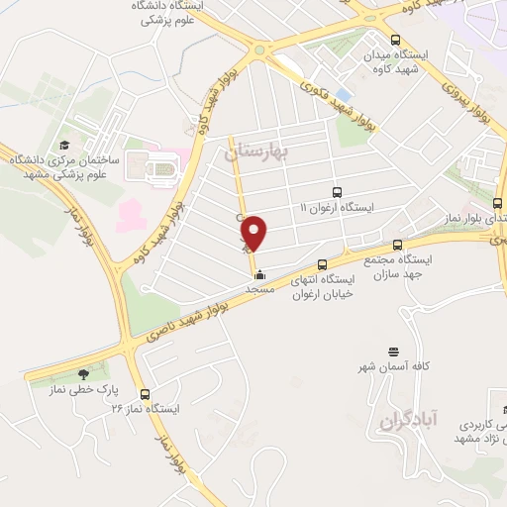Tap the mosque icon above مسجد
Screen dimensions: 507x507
tap(259, 274)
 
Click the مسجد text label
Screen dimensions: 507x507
tap(259, 289)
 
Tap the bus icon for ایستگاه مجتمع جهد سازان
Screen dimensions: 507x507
tap(398, 245)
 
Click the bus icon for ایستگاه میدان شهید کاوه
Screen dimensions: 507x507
tap(395, 40)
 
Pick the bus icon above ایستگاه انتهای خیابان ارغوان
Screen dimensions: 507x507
tap(321, 263)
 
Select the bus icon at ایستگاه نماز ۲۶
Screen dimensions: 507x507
tap(145, 393)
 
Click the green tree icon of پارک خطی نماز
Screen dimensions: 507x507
tap(82, 374)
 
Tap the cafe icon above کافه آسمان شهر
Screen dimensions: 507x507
tap(394, 351)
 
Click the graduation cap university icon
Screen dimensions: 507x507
tap(65, 143)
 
